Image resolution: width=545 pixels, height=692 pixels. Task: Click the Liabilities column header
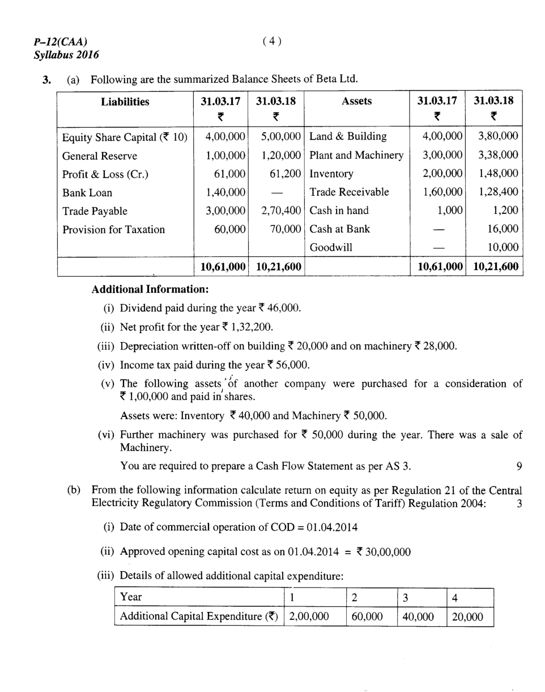coord(125,102)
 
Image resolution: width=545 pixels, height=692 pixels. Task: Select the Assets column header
coord(356,101)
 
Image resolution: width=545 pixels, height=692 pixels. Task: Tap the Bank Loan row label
coord(87,193)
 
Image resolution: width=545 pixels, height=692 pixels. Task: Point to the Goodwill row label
coord(331,248)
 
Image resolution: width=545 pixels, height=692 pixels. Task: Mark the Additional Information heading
coord(150,289)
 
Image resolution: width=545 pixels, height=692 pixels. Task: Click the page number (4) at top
coord(272,41)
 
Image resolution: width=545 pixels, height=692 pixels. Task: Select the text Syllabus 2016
coord(66,55)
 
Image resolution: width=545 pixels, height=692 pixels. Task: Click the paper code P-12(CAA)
coord(61,41)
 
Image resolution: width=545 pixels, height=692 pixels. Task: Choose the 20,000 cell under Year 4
coord(467,617)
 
